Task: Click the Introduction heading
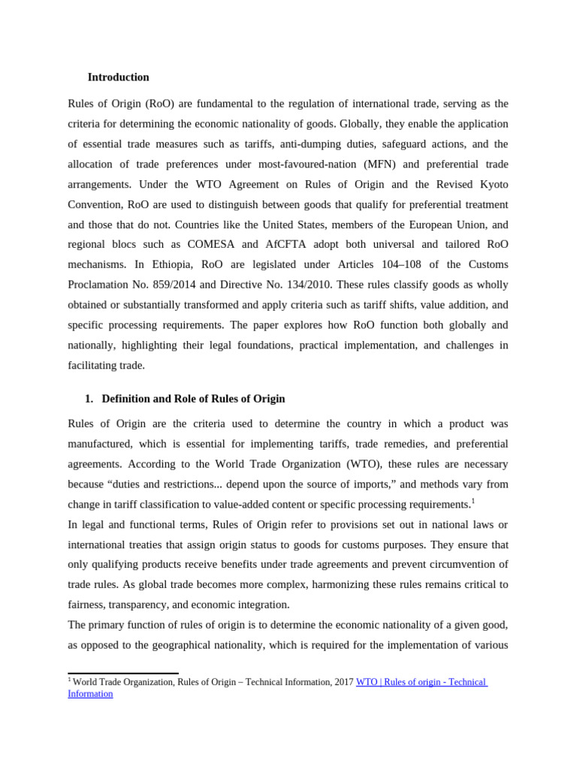[118, 77]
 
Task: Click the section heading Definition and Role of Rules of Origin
[193, 399]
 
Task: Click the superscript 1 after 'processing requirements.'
[473, 501]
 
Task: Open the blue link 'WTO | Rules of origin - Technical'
[421, 682]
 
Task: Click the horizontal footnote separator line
[123, 674]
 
